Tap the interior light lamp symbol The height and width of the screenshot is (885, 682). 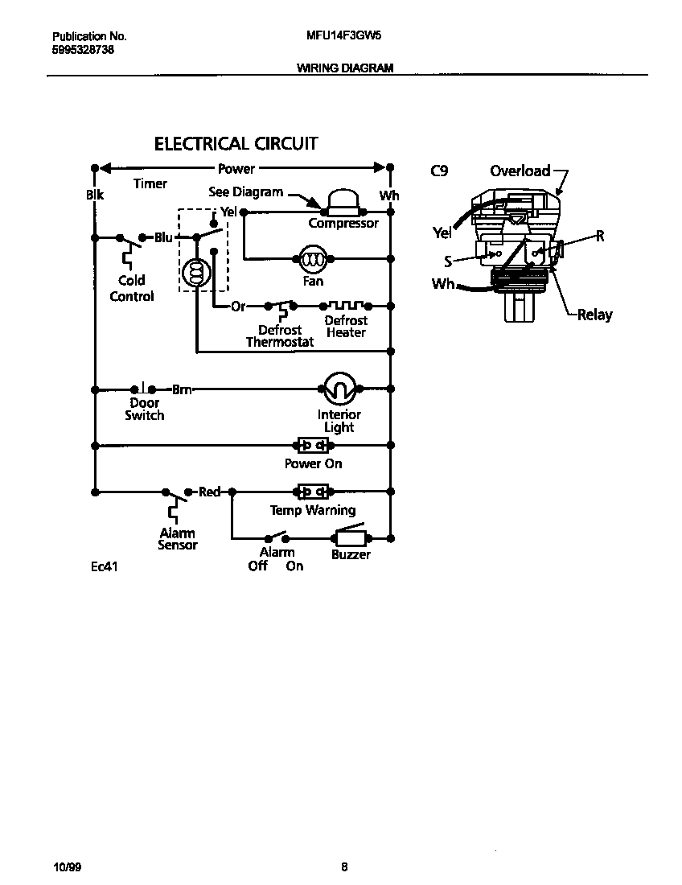pyautogui.click(x=339, y=389)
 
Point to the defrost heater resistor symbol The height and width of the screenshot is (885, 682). pyautogui.click(x=346, y=306)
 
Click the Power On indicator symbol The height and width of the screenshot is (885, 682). pyautogui.click(x=313, y=445)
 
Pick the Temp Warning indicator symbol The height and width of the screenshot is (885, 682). pyautogui.click(x=313, y=492)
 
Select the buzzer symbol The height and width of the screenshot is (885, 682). pyautogui.click(x=351, y=537)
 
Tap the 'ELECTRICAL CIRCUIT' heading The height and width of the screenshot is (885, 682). pyautogui.click(x=236, y=144)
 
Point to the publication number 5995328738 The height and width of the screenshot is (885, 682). pyautogui.click(x=83, y=49)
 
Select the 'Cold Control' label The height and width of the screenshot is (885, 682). pyautogui.click(x=132, y=288)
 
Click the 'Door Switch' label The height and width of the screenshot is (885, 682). pyautogui.click(x=145, y=409)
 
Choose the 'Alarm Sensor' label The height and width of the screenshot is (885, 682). pyautogui.click(x=178, y=539)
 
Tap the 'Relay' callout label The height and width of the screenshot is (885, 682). pyautogui.click(x=594, y=315)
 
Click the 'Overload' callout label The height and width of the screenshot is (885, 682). pyautogui.click(x=520, y=171)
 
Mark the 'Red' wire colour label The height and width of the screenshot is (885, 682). pyautogui.click(x=209, y=492)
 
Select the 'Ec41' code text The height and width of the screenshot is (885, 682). pyautogui.click(x=105, y=566)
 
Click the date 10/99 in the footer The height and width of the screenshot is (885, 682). pyautogui.click(x=67, y=867)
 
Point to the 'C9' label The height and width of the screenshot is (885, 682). pyautogui.click(x=438, y=171)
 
